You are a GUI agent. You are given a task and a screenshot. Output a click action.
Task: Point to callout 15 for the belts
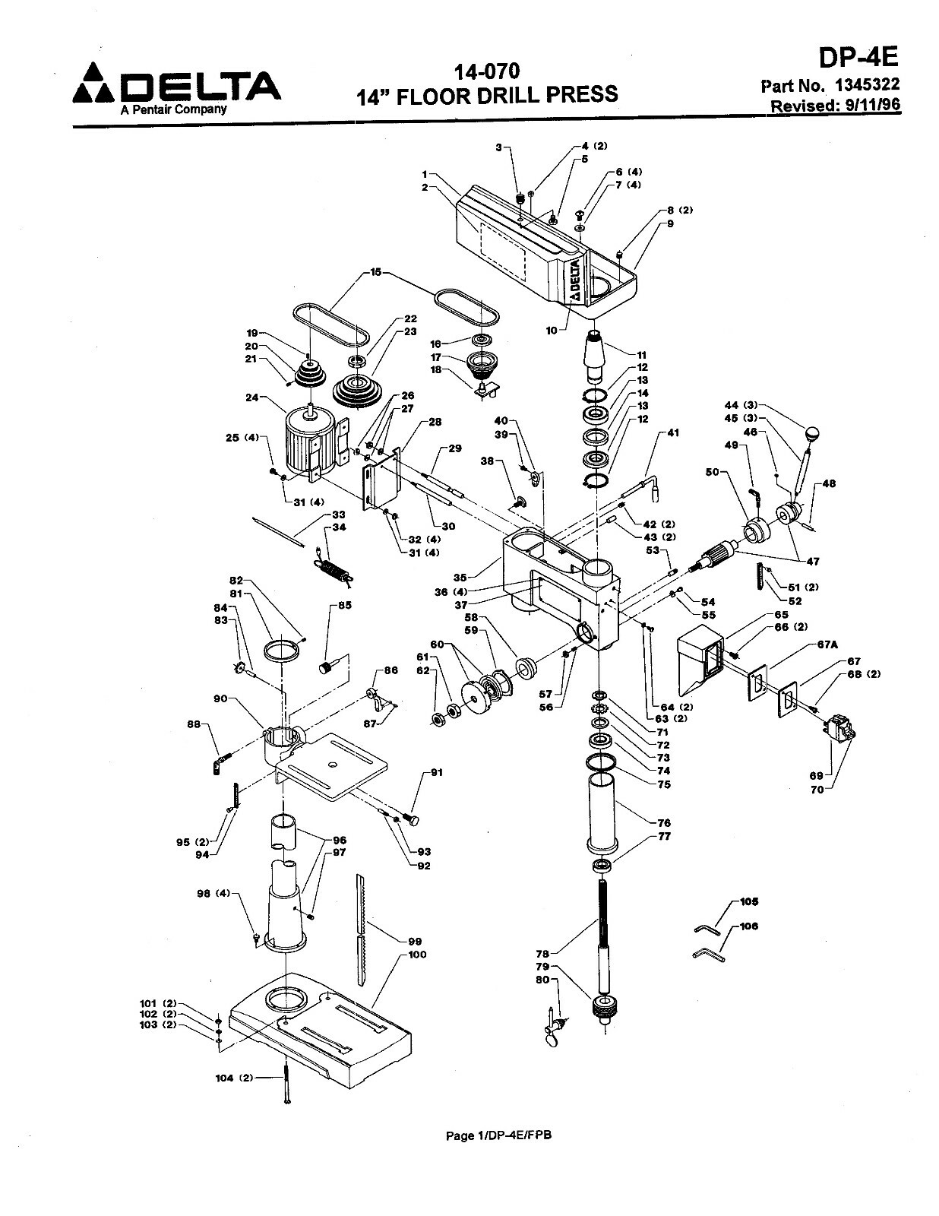375,271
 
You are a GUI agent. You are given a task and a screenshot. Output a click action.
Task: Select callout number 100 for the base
417,955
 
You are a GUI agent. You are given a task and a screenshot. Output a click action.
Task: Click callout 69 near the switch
815,775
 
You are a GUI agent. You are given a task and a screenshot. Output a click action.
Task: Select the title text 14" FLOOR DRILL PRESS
487,94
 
